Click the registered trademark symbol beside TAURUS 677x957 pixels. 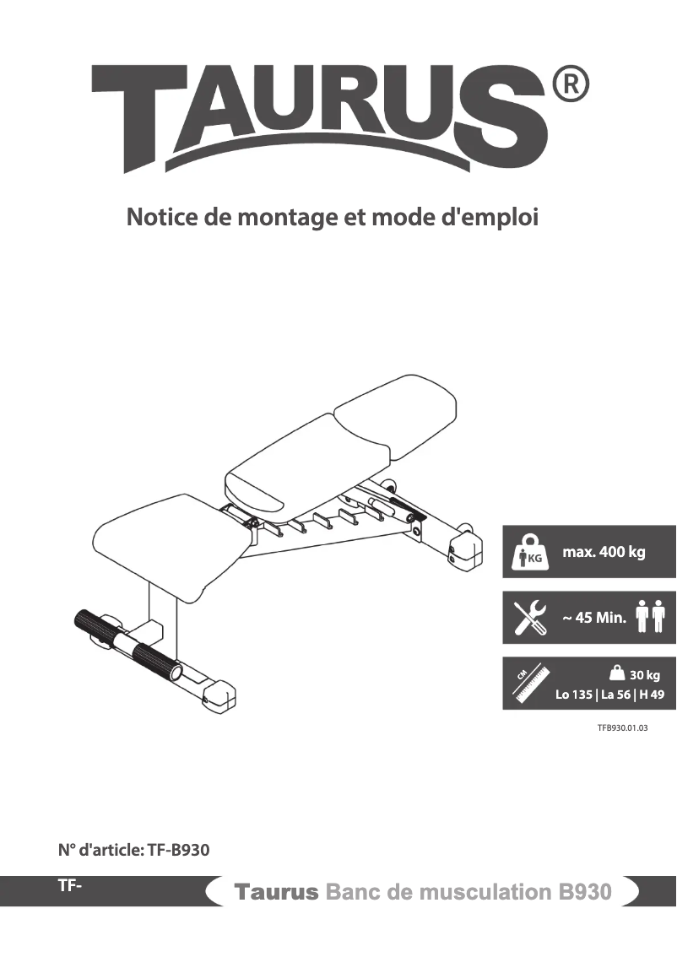570,86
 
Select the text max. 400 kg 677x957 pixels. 604,553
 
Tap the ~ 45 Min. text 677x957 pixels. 594,619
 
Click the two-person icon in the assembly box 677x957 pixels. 650,617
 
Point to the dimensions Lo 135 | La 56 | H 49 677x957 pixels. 609,695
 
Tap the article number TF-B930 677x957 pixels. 178,850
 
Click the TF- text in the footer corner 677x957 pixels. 69,885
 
